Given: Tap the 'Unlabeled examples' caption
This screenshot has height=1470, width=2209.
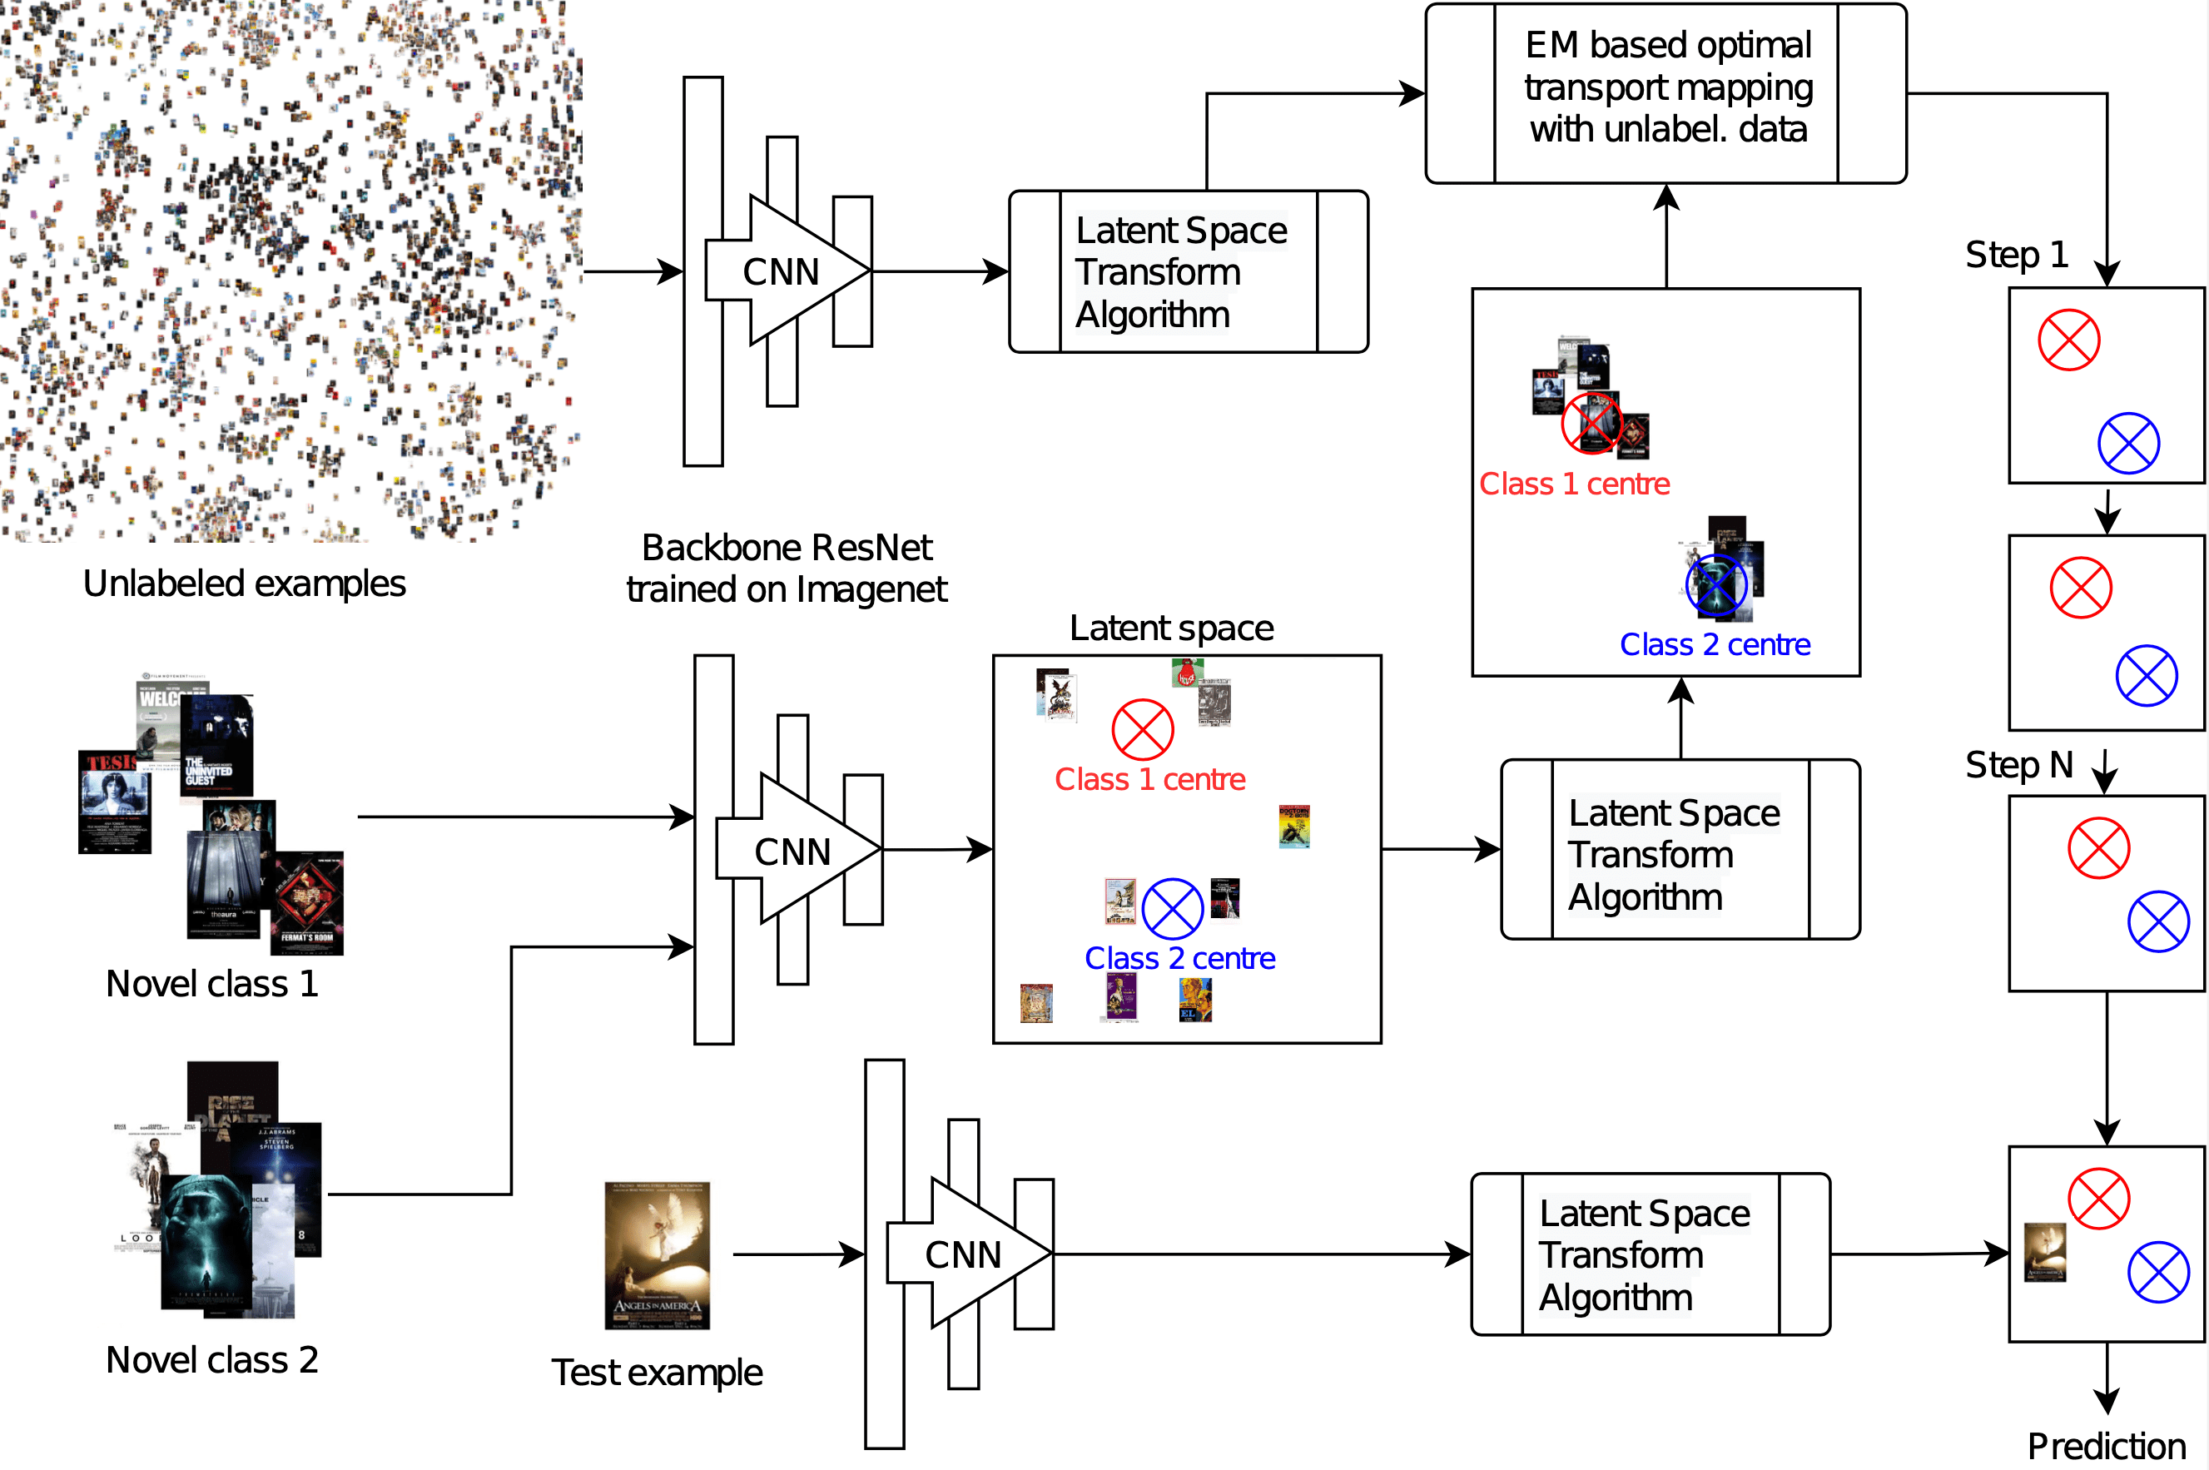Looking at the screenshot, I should point(244,584).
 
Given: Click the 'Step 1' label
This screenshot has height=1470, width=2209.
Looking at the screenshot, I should point(2016,255).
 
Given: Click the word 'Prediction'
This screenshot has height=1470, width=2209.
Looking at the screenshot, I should point(2106,1446).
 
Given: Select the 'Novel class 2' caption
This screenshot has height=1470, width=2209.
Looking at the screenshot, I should point(211,1360).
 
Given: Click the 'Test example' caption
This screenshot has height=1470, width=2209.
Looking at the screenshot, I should point(656,1373).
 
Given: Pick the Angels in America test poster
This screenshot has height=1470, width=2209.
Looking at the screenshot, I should point(657,1255).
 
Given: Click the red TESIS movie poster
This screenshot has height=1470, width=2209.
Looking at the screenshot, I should point(113,802).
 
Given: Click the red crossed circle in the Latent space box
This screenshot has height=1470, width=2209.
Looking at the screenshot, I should point(1143,729).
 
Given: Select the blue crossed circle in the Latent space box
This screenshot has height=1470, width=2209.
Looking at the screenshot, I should point(1173,908).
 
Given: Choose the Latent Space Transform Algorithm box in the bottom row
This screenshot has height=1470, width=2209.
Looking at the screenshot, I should point(1650,1254).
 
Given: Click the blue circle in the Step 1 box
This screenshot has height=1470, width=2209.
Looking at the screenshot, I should point(2128,443).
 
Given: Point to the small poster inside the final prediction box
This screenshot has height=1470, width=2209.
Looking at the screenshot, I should point(2044,1252).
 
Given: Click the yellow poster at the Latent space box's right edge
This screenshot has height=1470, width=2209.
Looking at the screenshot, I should point(1293,826).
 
